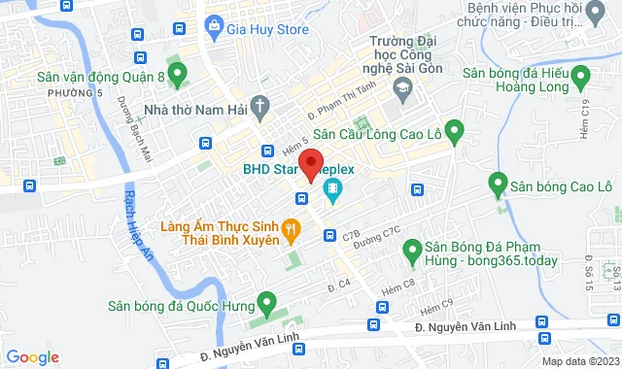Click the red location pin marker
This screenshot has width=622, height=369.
[310, 165]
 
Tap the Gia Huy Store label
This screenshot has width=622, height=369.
[267, 29]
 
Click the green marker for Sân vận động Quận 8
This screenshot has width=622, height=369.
[177, 73]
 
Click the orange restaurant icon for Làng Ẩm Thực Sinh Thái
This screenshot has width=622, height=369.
[289, 229]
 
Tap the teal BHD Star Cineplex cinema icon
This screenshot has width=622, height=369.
[332, 189]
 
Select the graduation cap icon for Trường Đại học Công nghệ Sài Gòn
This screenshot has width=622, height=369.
[399, 86]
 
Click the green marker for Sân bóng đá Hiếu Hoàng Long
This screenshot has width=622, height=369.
[581, 74]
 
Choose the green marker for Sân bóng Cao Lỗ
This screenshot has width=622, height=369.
[498, 183]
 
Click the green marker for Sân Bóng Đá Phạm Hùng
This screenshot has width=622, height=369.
[410, 252]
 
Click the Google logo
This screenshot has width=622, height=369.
[32, 357]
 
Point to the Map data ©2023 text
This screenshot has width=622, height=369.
[579, 361]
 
